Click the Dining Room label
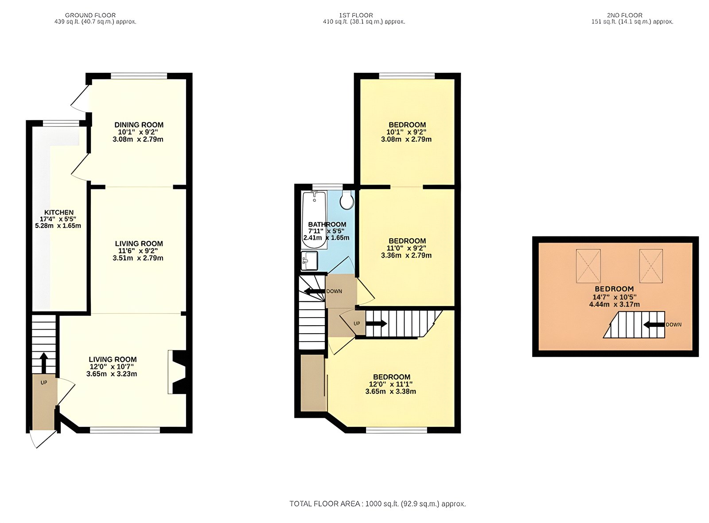139,125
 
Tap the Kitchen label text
59,212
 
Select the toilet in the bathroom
347,201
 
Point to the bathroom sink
309,261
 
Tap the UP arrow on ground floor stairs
43,363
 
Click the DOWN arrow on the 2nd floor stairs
654,325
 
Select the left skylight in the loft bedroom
588,266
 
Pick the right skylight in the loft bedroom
651,266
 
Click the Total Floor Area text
378,504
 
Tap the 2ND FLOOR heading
624,15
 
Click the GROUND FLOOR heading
90,15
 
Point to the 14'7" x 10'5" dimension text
614,297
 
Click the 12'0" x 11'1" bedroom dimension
391,384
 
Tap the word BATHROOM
327,224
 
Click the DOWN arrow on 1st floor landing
314,291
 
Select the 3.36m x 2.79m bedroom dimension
406,256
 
